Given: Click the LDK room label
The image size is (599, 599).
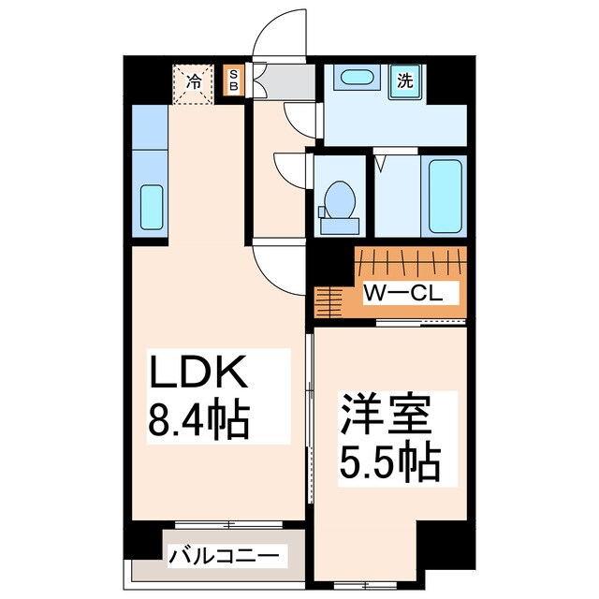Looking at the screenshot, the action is coord(198,372).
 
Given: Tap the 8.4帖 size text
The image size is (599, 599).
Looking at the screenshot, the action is coord(198,418).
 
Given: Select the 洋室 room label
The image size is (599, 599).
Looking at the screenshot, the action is coord(387,415).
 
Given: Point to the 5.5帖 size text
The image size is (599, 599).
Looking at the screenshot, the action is coord(390,461).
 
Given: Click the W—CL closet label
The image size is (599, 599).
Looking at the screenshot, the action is coord(403,293).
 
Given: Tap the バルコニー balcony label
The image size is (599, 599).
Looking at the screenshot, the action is coord(225,556).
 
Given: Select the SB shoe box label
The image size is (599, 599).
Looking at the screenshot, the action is coord(233,80).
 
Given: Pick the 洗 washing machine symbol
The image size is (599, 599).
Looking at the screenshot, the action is coord(405,81).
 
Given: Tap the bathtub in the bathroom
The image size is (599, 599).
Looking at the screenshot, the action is coord(445,196).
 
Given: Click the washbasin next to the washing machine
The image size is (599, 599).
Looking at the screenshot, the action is coord(357,78).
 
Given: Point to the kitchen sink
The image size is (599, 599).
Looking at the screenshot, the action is coord(152,207).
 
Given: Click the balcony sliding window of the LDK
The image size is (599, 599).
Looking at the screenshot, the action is coord(228,525).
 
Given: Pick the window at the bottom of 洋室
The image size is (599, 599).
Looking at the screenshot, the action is coord(366,585).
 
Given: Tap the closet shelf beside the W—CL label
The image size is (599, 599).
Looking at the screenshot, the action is coord(328,301).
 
